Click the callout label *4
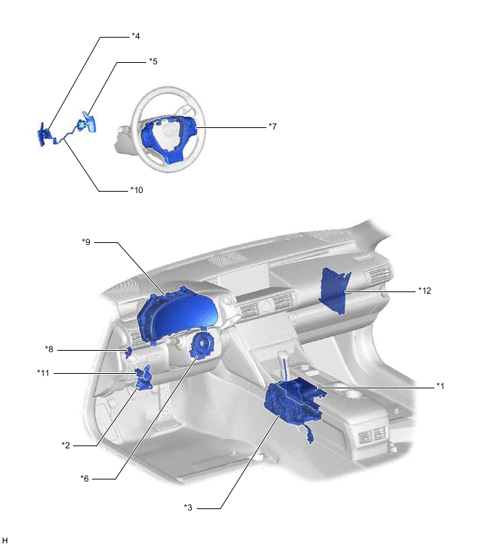click(x=135, y=35)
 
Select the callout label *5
click(x=153, y=61)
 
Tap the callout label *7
click(x=272, y=126)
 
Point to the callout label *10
click(x=137, y=190)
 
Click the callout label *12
click(x=424, y=290)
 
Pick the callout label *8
click(x=49, y=349)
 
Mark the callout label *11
click(x=43, y=372)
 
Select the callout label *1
click(x=439, y=385)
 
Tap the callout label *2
click(x=65, y=444)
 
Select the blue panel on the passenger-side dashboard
click(x=337, y=290)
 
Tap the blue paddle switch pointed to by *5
click(x=90, y=121)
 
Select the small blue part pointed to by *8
click(x=129, y=353)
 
